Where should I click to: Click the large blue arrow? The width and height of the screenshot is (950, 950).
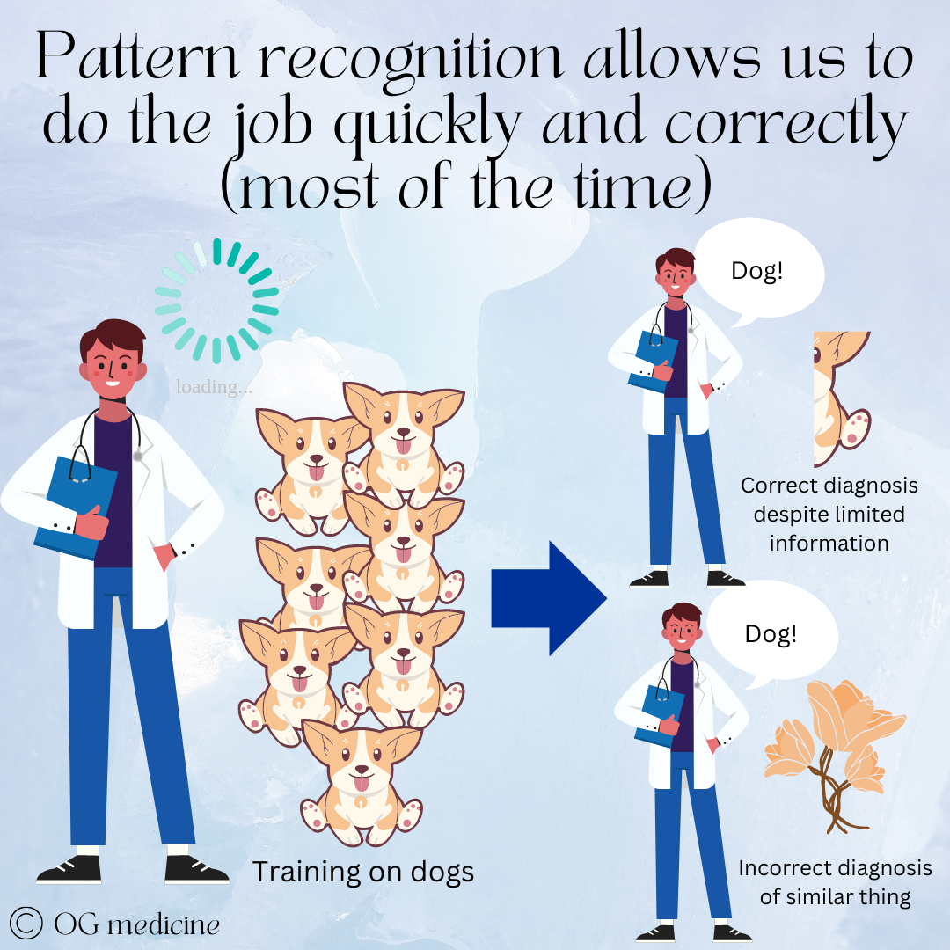(x=545, y=598)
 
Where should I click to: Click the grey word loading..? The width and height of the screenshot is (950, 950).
(x=213, y=387)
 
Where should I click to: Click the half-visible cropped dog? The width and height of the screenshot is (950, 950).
(x=840, y=400)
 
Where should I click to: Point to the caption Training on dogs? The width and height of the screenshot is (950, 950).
(x=363, y=872)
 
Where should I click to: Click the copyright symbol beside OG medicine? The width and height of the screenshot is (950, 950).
(x=27, y=923)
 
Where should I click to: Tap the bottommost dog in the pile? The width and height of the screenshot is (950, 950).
(x=361, y=774)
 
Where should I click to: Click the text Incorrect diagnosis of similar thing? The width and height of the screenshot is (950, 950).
(x=835, y=882)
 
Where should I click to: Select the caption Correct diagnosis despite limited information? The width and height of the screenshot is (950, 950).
(x=829, y=514)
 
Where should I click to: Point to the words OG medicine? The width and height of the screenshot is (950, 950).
(x=136, y=924)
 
